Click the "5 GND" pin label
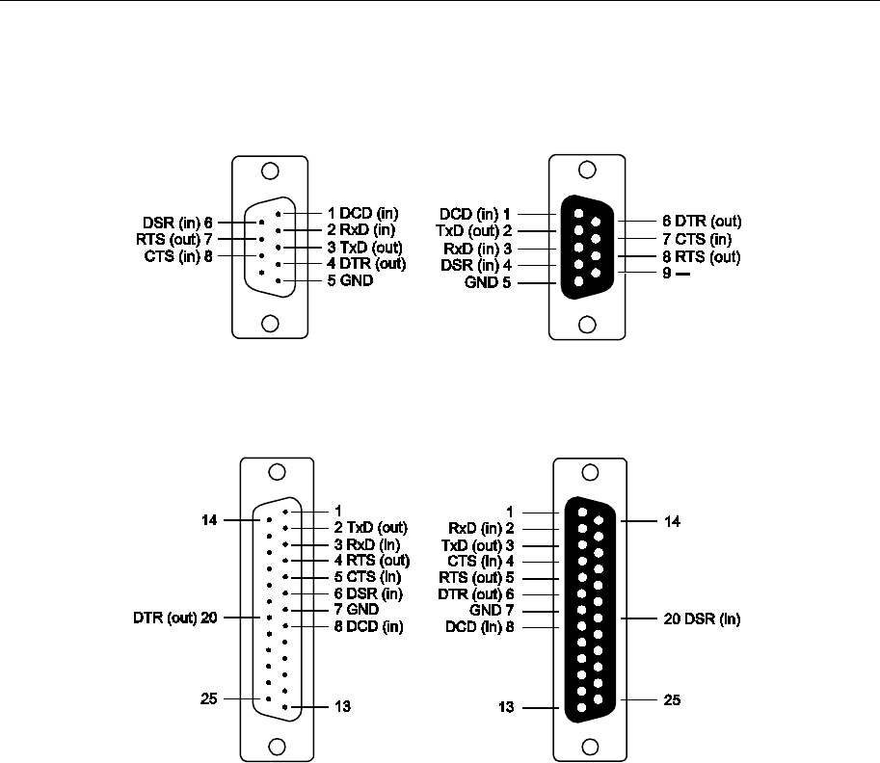point(350,280)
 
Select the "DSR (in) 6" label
point(177,223)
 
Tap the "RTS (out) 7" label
point(174,240)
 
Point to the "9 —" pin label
point(676,274)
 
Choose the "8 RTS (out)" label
point(701,257)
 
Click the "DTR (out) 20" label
point(175,618)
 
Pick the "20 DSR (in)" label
point(702,618)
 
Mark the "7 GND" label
point(357,609)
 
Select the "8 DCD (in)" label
point(369,626)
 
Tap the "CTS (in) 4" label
point(480,561)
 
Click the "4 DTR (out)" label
point(366,264)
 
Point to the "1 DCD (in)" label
point(363,213)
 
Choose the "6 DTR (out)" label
point(702,221)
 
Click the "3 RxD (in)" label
point(367,544)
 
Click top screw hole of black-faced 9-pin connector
point(587,170)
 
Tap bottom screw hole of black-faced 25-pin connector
point(591,747)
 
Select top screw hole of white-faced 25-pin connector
point(278,472)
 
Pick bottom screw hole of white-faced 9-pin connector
point(271,324)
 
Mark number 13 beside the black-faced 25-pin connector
point(506,707)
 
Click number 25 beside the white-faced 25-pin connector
point(209,698)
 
